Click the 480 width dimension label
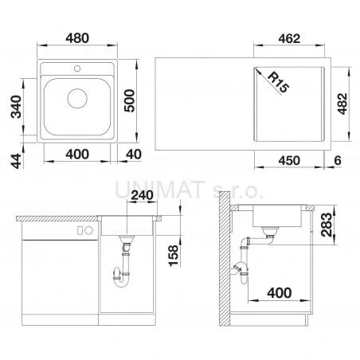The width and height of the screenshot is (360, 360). coord(77,38)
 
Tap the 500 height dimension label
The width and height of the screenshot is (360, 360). coord(130,101)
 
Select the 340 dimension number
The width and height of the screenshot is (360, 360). coord(16,107)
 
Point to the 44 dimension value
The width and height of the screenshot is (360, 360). coord(16,161)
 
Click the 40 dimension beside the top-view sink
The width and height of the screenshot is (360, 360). coord(134,155)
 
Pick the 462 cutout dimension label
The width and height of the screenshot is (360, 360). coord(289,39)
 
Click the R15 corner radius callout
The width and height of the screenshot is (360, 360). coord(278,83)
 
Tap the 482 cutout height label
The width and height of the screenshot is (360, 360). coord(342,104)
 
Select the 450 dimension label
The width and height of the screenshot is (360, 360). coord(289,161)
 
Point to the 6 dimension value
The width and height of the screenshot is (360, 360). coord(338,160)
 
